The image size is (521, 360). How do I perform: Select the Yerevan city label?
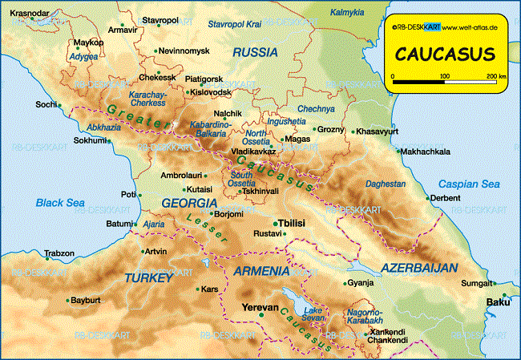[x=259, y=307]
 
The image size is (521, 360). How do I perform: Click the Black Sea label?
[x=60, y=203]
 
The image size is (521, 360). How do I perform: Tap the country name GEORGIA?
[x=189, y=203]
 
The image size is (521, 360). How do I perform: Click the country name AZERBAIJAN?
[x=419, y=267]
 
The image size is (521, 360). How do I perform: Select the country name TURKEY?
[x=148, y=277]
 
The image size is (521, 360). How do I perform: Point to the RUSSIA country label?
[x=255, y=52]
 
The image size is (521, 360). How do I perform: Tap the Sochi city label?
[x=46, y=105]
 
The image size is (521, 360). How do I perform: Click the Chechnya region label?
[x=315, y=108]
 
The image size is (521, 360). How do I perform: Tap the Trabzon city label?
[x=59, y=253]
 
